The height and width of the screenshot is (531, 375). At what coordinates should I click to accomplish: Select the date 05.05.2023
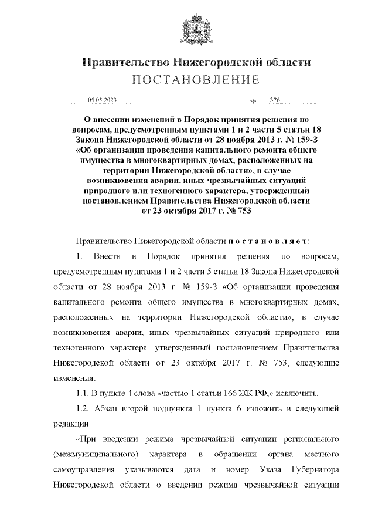click(101, 100)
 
